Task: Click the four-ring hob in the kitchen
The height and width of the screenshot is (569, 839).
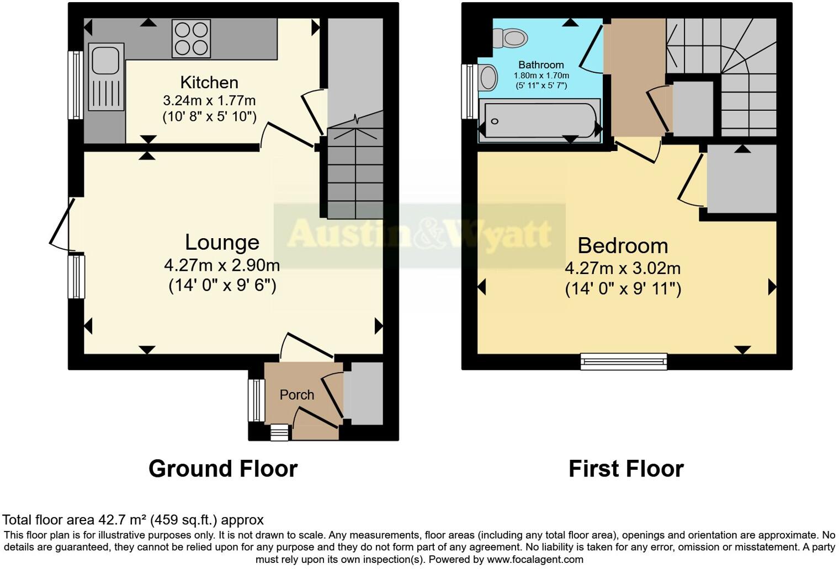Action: click(191, 39)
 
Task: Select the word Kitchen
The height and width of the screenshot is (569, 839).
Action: click(209, 83)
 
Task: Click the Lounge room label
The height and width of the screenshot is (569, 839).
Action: click(222, 243)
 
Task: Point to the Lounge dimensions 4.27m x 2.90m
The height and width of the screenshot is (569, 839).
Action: click(222, 266)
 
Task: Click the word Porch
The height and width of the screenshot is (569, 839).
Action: click(297, 395)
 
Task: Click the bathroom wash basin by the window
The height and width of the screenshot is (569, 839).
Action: click(488, 77)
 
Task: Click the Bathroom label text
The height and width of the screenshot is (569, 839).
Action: click(541, 65)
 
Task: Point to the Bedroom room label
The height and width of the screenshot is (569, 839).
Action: click(623, 246)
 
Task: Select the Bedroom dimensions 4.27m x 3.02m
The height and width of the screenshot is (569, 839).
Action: click(623, 269)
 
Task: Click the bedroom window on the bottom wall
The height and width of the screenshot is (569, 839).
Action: click(624, 362)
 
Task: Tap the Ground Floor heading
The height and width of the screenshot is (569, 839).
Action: click(223, 469)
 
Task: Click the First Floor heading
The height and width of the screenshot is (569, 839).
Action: click(626, 469)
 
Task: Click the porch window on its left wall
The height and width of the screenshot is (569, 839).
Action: click(256, 400)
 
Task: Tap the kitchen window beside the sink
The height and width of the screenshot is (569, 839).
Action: click(75, 85)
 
